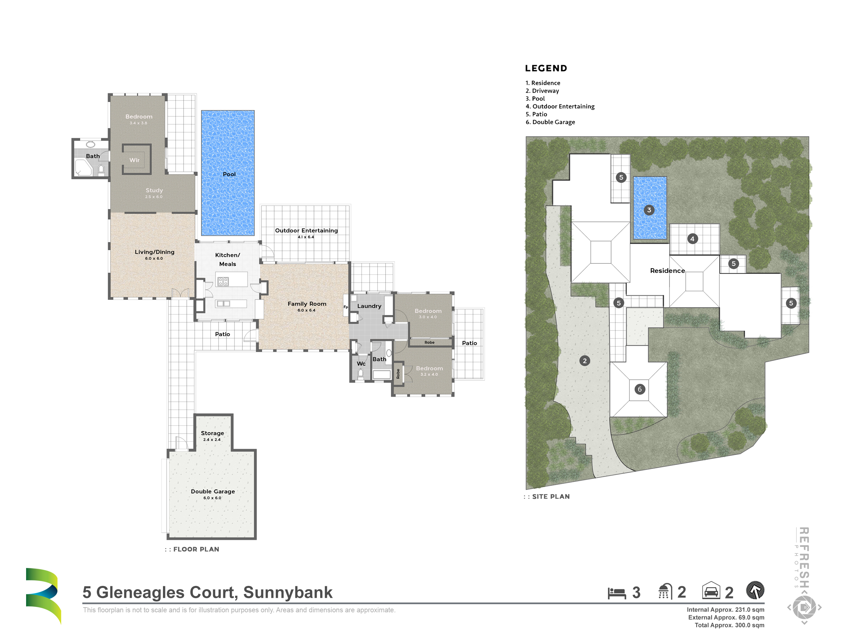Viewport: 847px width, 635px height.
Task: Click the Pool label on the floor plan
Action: coord(229,174)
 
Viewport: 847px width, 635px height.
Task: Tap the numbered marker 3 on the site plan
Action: coord(649,210)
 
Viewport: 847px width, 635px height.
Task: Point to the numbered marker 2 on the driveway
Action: coord(585,361)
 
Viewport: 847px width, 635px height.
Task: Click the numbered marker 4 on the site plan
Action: coord(692,239)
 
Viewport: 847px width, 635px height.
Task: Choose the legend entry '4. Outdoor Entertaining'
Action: coord(560,106)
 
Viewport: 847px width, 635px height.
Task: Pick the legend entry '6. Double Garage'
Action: coord(550,122)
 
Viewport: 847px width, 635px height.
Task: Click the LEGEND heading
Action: coord(546,68)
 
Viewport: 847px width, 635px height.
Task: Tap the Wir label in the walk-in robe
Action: coord(135,160)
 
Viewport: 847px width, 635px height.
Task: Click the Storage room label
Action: coord(212,433)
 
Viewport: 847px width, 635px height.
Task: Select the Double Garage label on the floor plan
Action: coord(213,491)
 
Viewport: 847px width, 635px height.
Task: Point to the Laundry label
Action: coord(369,306)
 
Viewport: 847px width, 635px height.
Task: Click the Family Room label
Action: coord(307,303)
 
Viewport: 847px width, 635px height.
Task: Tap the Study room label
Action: coord(154,190)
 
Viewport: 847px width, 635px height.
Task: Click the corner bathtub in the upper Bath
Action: coord(83,168)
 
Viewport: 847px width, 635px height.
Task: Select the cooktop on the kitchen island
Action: coord(223,282)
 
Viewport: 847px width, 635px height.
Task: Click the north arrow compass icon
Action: coord(755,590)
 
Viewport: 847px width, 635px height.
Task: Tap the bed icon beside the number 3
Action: coord(617,593)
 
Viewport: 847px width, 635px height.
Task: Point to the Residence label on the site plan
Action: coord(667,271)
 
